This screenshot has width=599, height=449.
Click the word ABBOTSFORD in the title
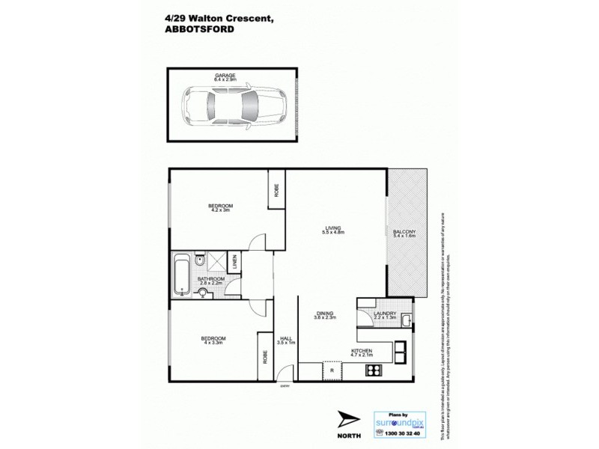coord(198,31)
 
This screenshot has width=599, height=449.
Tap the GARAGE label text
coord(225,75)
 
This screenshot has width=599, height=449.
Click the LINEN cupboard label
coord(234,262)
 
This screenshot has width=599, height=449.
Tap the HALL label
coord(285,340)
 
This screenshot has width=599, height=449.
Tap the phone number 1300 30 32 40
coord(401,433)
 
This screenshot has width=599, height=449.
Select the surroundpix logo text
coord(398,421)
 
